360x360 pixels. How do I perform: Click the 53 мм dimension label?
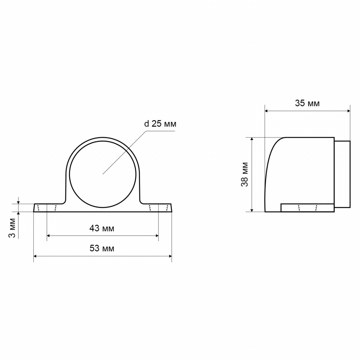102,249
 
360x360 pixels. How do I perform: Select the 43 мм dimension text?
102,229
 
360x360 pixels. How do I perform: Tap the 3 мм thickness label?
12,228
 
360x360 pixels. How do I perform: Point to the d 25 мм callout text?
160,124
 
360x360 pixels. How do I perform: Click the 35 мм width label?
307,103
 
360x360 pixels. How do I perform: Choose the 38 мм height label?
245,174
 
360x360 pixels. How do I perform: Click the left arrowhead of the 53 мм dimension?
35,256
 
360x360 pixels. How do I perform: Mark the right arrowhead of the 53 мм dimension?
171,256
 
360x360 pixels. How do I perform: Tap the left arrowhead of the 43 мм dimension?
49,236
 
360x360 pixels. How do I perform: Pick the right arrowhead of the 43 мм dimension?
157,236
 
